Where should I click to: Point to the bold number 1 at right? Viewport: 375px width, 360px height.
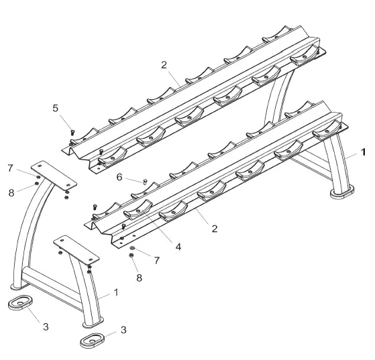click(x=363, y=153)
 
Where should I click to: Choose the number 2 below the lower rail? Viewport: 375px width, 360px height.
click(x=214, y=229)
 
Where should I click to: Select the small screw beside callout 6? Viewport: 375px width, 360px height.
click(x=145, y=181)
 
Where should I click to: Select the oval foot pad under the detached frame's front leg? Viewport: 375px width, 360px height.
click(x=93, y=340)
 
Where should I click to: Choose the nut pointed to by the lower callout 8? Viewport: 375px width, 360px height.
click(x=131, y=255)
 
